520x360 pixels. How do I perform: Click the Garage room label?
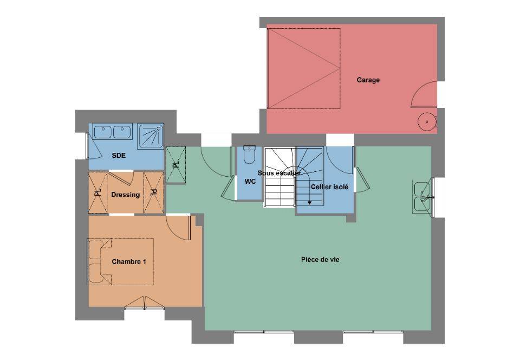(368, 80)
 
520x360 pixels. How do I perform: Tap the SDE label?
(119, 155)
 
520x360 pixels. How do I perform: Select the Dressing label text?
(125, 195)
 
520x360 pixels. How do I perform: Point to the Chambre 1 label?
(129, 262)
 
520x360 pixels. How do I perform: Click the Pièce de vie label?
(320, 260)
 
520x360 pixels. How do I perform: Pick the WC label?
(250, 182)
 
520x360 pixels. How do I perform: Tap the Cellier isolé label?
(329, 187)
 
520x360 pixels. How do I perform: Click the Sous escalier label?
(279, 173)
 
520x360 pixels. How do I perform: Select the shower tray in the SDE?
(151, 136)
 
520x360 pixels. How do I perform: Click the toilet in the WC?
(249, 155)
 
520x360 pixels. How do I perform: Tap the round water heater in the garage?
(426, 122)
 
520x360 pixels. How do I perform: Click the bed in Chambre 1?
(121, 261)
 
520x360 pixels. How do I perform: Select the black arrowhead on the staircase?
(309, 202)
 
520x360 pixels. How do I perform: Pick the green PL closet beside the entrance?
(175, 165)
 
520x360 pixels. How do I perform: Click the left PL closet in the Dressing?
(98, 192)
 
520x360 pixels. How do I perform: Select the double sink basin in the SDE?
(113, 132)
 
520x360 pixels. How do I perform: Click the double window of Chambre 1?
(145, 304)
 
